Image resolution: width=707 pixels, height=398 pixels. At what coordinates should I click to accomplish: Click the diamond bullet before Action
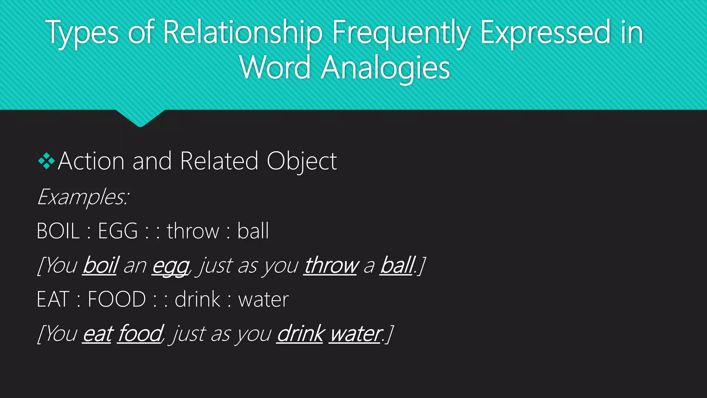[46, 161]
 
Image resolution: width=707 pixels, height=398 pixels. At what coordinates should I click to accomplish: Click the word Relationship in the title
[242, 33]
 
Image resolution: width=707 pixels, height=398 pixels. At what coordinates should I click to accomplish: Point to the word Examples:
[83, 197]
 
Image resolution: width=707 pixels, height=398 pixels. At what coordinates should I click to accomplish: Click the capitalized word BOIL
[58, 231]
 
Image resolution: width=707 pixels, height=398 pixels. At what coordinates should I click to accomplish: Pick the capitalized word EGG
[118, 231]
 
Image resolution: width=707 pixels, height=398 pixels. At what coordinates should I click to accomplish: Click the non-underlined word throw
[193, 231]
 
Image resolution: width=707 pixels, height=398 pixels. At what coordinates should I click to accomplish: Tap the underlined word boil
[100, 265]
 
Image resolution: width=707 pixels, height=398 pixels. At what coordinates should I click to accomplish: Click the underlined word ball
[397, 265]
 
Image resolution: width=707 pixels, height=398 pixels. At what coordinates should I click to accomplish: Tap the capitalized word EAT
[53, 299]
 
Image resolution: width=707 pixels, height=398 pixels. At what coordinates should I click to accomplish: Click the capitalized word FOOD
[117, 299]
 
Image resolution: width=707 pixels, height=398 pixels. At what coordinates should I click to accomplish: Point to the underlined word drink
[300, 334]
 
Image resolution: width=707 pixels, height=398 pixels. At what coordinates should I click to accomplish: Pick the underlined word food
[139, 334]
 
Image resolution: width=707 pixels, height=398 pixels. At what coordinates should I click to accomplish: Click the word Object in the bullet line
[302, 161]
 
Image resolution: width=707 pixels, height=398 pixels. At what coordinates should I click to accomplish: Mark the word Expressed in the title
[545, 33]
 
